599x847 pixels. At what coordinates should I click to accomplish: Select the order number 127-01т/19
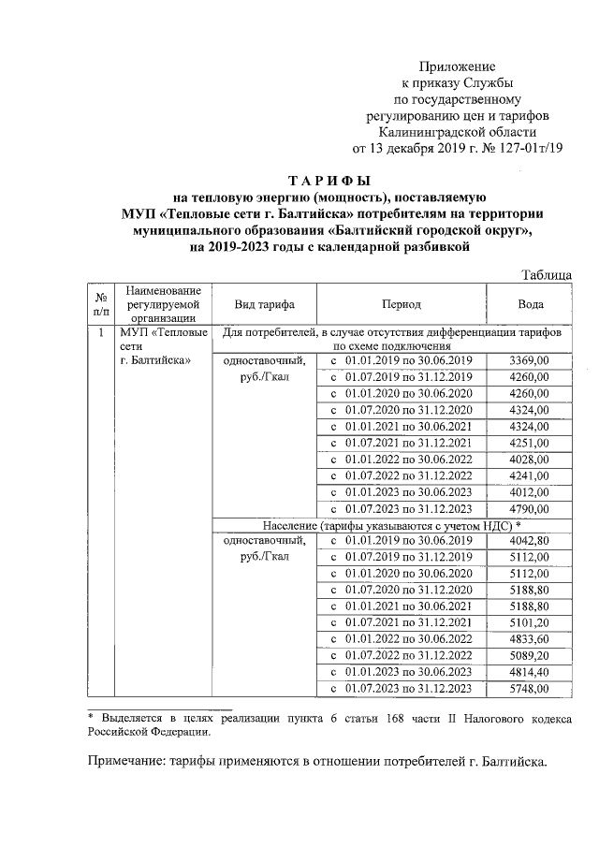tap(528, 148)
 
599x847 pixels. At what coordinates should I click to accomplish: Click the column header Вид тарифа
tap(265, 304)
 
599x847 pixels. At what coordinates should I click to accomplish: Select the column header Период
tap(401, 304)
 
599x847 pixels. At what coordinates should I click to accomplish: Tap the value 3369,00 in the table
tap(529, 360)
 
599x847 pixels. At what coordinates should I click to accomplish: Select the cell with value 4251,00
tap(529, 443)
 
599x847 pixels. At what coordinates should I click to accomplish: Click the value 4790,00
tap(529, 509)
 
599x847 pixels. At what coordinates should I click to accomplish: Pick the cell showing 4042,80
tap(529, 541)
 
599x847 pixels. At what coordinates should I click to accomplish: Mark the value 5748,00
tap(529, 690)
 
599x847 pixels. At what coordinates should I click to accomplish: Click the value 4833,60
tap(529, 640)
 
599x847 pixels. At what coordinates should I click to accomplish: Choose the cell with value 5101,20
tap(529, 623)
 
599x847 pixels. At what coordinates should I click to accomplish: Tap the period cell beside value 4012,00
tap(401, 492)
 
